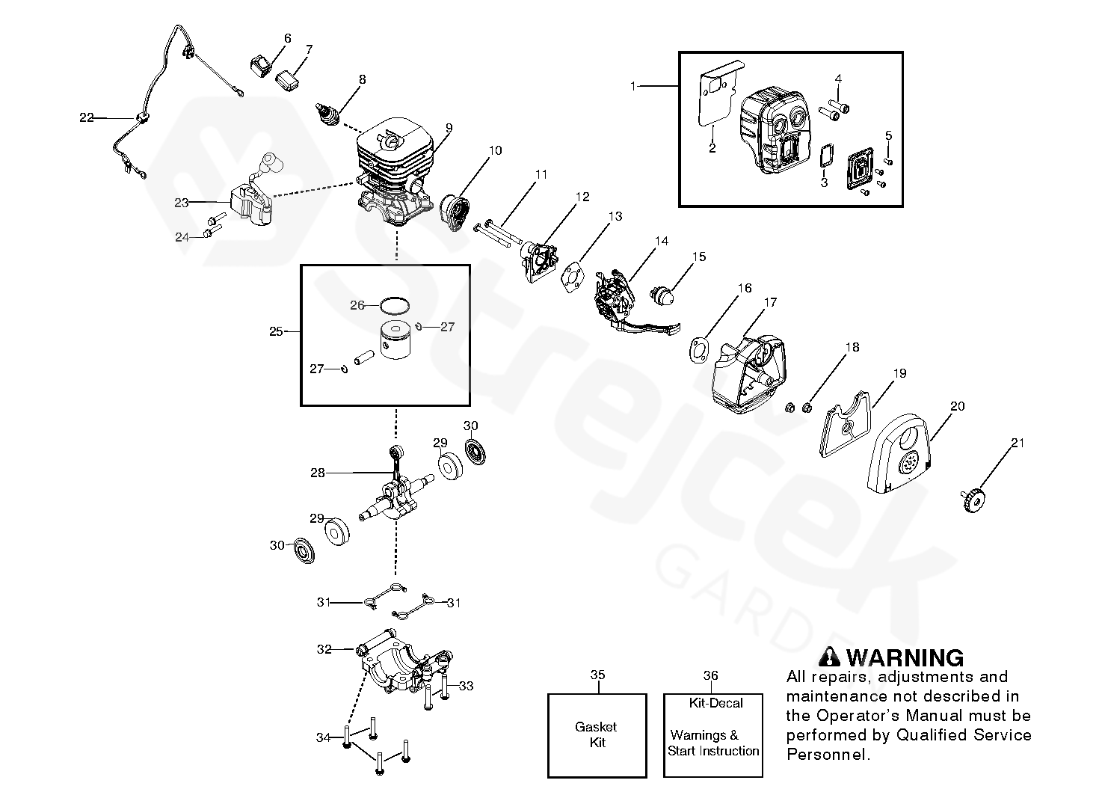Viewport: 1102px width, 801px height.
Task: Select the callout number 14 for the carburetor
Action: tap(661, 241)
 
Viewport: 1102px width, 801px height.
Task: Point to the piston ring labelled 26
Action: tap(394, 306)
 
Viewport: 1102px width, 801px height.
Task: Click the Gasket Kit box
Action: tap(597, 735)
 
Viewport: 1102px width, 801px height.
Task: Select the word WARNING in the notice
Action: tap(905, 658)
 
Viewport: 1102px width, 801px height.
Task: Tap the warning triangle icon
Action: tap(830, 657)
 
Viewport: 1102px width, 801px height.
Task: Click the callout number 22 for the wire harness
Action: tap(86, 117)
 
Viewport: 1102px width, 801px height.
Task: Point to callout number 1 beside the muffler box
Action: tap(633, 86)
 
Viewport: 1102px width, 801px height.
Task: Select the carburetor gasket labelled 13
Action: tap(571, 278)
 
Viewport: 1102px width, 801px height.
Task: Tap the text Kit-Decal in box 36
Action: tap(715, 703)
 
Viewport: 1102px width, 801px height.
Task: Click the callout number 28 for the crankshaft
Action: tap(317, 473)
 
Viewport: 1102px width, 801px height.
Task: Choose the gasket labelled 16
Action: tap(699, 350)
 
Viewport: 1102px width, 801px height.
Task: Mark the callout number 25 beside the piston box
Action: tap(276, 331)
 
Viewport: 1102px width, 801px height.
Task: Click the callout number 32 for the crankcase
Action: tap(324, 649)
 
